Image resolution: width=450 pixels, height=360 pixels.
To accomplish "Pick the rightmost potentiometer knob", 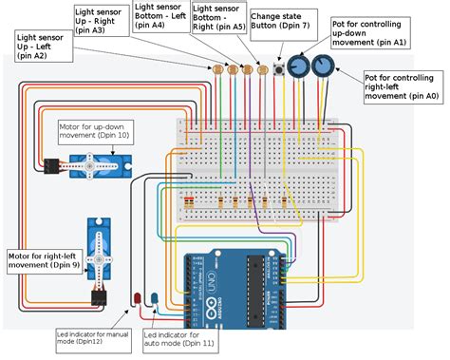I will coord(324,66).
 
